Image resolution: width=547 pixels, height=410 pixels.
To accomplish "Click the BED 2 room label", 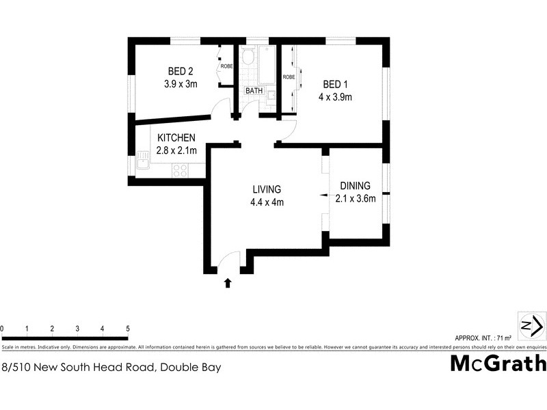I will (181, 72).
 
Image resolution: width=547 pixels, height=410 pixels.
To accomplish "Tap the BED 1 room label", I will (335, 85).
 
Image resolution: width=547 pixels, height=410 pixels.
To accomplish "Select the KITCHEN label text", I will (176, 137).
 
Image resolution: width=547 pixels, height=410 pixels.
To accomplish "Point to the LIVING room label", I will (267, 189).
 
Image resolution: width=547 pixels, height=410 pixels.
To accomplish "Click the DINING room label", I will (353, 186).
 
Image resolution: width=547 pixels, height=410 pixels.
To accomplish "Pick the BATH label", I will (254, 90).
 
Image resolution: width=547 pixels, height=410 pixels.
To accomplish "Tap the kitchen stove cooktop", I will (180, 169).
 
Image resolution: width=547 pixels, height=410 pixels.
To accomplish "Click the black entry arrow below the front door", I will (228, 282).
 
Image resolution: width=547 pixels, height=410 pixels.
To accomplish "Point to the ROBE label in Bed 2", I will (226, 66).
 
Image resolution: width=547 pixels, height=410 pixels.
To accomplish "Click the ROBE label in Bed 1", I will (289, 77).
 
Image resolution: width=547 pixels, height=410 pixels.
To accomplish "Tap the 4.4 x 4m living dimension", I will (267, 202).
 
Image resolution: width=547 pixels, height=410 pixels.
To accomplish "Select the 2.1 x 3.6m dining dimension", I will (356, 199).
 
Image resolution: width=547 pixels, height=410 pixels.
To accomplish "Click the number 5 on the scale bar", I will (127, 329).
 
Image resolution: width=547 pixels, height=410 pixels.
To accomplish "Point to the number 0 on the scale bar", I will (2, 329).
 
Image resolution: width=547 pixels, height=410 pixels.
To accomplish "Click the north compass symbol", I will (531, 326).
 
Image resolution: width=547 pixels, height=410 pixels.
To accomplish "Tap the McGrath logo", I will (497, 363).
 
